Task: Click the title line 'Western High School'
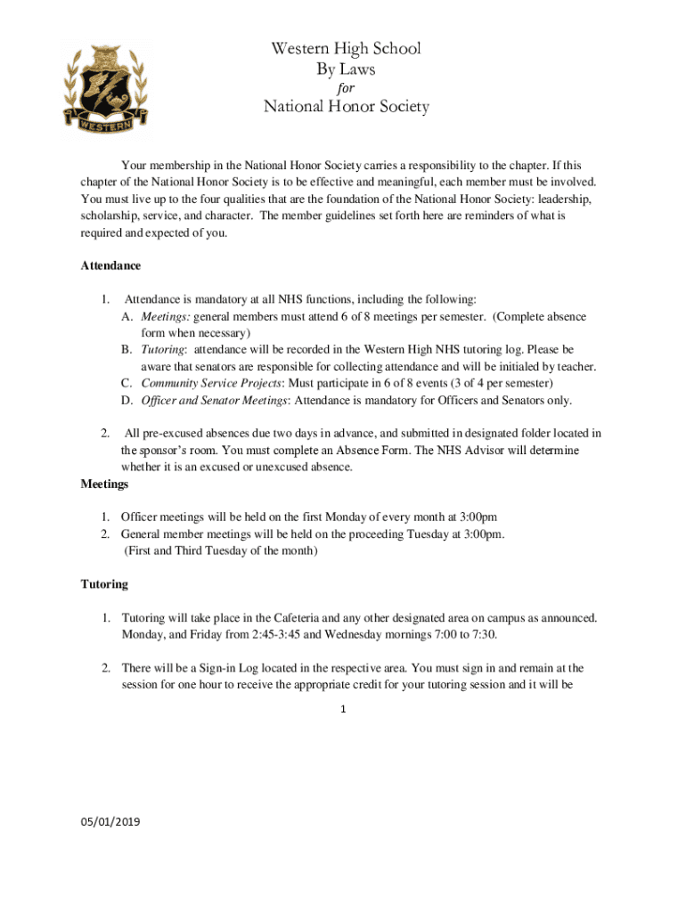pos(346,49)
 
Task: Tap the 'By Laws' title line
pos(346,69)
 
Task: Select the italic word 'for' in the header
pos(346,88)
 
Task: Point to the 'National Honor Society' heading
pos(346,108)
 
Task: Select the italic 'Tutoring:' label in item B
pos(164,350)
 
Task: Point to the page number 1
pos(343,710)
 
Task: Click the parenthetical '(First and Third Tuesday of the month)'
pos(220,550)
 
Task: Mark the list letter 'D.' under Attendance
pos(127,400)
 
